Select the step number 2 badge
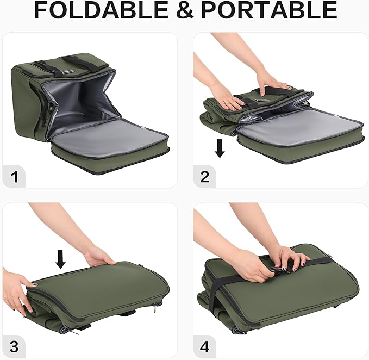[x=204, y=176]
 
